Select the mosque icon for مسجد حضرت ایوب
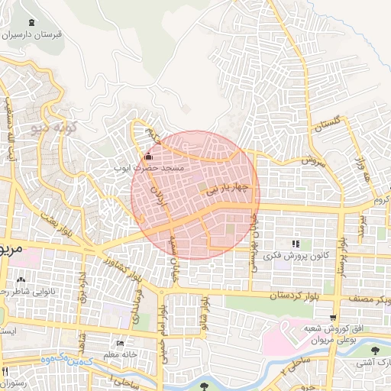pyautogui.click(x=147, y=156)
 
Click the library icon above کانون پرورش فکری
pyautogui.click(x=295, y=244)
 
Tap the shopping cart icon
pyautogui.click(x=332, y=317)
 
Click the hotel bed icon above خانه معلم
pyautogui.click(x=119, y=342)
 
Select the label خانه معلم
pyautogui.click(x=120, y=353)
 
